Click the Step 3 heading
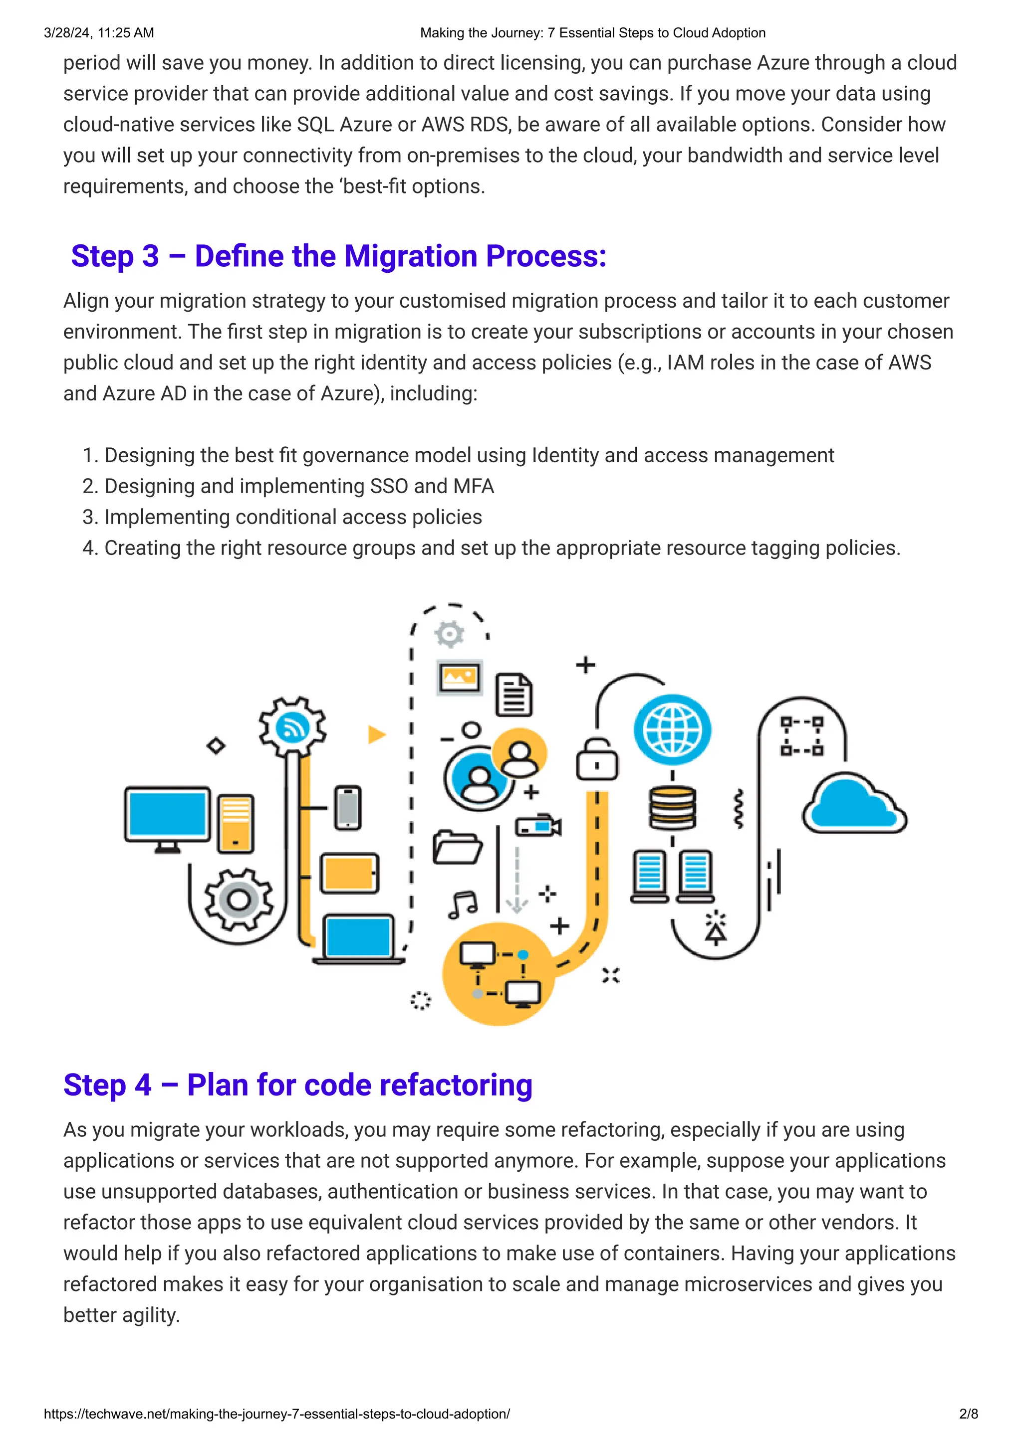(x=338, y=256)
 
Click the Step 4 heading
(x=298, y=1085)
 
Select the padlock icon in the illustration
(x=596, y=760)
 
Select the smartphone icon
(x=348, y=807)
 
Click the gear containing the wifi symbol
(x=292, y=727)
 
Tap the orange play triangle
(x=376, y=734)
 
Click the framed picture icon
(x=460, y=677)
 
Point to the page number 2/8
(x=969, y=1414)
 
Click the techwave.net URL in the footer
(x=276, y=1414)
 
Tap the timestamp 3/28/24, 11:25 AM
(x=99, y=33)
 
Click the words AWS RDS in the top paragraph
(x=465, y=125)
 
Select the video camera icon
(x=538, y=826)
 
